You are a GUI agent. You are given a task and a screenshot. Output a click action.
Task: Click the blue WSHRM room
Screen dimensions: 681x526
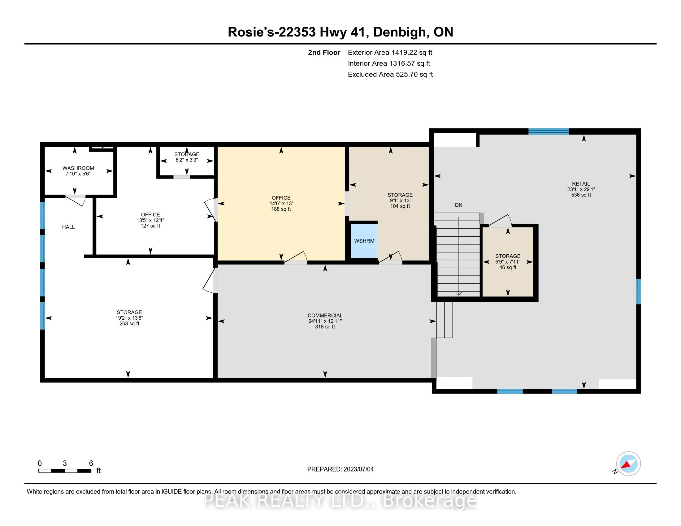[364, 240]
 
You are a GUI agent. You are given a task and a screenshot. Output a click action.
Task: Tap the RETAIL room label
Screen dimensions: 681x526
[581, 184]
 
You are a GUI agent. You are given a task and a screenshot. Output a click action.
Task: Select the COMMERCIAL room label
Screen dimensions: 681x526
[325, 315]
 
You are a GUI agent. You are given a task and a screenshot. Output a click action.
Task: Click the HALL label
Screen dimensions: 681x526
[68, 227]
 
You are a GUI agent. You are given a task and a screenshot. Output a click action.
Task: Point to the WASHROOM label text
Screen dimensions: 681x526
[78, 168]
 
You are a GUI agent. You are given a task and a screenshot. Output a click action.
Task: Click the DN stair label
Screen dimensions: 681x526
[458, 205]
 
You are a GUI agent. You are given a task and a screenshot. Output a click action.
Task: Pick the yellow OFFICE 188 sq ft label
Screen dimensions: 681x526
[281, 203]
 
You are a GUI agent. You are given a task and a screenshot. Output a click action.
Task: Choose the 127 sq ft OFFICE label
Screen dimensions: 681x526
[150, 220]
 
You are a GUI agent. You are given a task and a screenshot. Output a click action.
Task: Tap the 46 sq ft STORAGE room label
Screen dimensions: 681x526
[508, 262]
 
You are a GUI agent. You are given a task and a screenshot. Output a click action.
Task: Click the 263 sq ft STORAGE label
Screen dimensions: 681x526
[129, 318]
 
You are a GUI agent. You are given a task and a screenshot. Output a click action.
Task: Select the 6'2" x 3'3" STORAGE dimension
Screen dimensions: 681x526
[186, 160]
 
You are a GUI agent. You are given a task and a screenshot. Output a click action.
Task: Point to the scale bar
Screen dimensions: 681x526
[65, 471]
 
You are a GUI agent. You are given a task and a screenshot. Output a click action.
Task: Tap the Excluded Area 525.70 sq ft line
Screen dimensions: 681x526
[390, 74]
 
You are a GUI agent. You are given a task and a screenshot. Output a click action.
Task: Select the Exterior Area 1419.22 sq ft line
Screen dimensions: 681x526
[390, 52]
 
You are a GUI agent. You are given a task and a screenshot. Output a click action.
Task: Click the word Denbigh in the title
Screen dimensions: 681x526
[400, 32]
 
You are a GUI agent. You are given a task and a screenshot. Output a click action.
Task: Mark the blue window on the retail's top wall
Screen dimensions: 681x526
[549, 131]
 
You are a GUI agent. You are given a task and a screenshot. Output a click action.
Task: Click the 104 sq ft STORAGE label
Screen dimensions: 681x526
[400, 200]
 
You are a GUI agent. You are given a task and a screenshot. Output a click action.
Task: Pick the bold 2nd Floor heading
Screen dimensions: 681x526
[324, 52]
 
